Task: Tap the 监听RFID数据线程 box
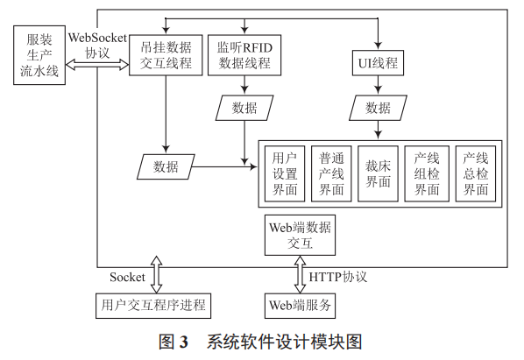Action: [244, 55]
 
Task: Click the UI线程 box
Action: [379, 63]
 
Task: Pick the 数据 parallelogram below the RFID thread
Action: [244, 109]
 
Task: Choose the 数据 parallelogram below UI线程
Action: [379, 109]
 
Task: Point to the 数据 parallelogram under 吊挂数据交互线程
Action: [166, 166]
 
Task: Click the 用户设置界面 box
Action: [285, 172]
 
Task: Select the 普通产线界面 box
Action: [332, 172]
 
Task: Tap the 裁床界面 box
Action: [379, 172]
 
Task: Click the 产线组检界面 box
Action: [427, 172]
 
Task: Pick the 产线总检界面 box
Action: [474, 172]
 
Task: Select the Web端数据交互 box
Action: [300, 235]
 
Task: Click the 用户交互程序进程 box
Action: [153, 304]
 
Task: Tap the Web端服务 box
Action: [300, 304]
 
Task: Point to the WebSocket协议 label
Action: [97, 45]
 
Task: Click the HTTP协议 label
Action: [338, 277]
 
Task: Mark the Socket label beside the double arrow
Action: [126, 277]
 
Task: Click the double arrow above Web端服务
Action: [300, 273]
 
